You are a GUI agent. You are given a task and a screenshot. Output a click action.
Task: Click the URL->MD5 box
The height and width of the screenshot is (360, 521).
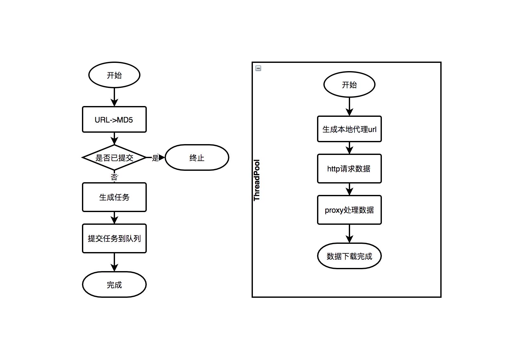[114, 119]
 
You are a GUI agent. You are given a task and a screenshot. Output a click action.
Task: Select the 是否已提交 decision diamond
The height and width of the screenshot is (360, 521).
[114, 157]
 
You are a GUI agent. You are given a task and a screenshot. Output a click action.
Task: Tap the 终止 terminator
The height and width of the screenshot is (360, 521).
[197, 157]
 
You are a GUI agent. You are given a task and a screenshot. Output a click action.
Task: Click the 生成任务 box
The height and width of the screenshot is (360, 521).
[114, 197]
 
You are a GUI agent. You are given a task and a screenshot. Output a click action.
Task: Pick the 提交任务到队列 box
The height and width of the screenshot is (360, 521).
[114, 238]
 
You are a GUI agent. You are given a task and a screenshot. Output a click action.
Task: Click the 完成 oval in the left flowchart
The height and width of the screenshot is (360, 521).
[114, 284]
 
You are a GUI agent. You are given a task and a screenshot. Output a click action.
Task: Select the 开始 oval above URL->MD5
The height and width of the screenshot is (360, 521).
[114, 75]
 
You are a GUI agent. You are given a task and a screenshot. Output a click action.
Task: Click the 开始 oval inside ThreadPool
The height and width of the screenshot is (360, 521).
[349, 84]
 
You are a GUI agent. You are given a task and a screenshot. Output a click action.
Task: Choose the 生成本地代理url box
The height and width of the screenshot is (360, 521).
[349, 129]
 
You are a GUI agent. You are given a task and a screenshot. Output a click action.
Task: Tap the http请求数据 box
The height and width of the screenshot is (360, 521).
[349, 169]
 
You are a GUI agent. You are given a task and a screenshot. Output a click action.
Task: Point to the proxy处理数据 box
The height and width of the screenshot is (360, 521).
[349, 210]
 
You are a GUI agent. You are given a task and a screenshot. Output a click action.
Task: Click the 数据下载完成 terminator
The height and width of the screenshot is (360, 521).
[349, 256]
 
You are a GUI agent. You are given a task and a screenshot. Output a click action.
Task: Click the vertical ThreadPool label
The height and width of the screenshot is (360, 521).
[257, 180]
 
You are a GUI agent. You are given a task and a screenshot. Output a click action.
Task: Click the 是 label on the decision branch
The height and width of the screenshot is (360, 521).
[155, 158]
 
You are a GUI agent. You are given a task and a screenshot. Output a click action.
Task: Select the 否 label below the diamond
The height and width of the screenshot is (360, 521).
[114, 177]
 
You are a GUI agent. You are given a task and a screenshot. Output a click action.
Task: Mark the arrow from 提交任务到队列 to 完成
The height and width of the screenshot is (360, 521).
[114, 262]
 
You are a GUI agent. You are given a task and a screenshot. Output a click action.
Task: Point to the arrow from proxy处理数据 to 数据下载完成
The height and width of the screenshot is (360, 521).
[349, 234]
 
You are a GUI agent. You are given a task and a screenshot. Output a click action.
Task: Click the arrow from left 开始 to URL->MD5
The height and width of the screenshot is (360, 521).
[114, 97]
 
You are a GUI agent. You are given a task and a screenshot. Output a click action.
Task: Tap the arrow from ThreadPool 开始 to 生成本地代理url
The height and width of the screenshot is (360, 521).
[349, 106]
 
